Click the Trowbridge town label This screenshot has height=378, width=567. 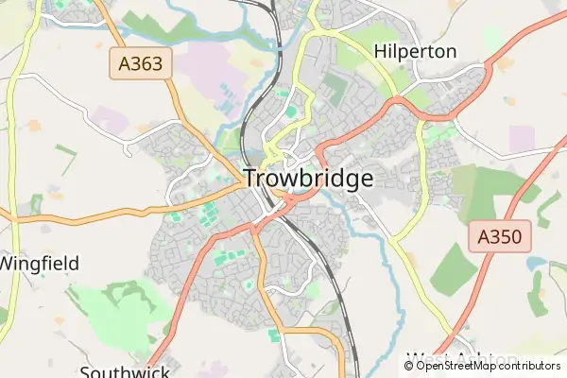(x=308, y=179)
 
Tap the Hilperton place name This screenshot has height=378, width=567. (x=416, y=51)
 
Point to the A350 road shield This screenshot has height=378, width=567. (x=500, y=236)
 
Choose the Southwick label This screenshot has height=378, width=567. (x=124, y=370)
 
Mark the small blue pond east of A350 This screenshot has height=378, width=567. (x=536, y=264)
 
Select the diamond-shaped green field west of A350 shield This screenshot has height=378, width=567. (x=454, y=269)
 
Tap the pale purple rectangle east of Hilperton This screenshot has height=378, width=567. (x=522, y=138)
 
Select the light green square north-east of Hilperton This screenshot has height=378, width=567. (x=492, y=38)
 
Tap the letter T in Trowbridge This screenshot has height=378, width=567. (x=251, y=179)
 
